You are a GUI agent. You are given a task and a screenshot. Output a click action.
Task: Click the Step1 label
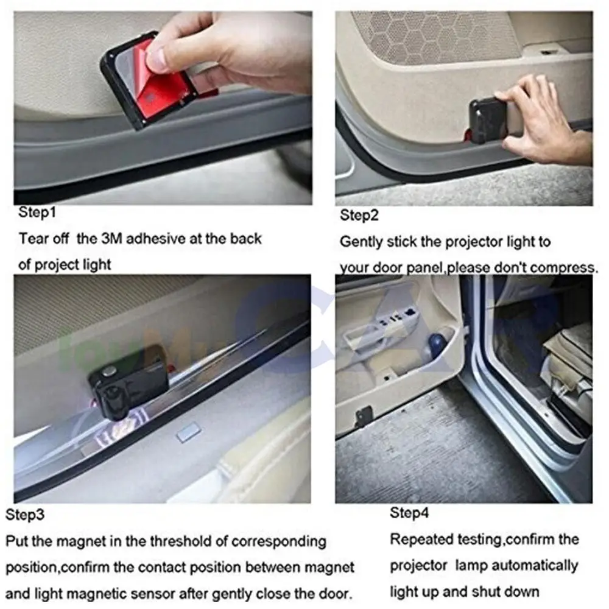click(x=37, y=213)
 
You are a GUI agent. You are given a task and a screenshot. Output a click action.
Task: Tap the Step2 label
click(x=359, y=215)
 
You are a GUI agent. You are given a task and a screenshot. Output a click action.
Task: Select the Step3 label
click(x=25, y=515)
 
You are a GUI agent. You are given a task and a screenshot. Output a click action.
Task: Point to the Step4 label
click(x=409, y=513)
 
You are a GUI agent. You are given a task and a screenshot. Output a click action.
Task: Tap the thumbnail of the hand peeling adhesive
click(x=163, y=108)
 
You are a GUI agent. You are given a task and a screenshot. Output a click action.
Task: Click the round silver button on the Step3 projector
click(x=109, y=370)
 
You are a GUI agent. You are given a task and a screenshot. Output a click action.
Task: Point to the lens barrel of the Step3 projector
click(x=115, y=404)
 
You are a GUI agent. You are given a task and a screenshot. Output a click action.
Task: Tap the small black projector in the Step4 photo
click(x=364, y=415)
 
